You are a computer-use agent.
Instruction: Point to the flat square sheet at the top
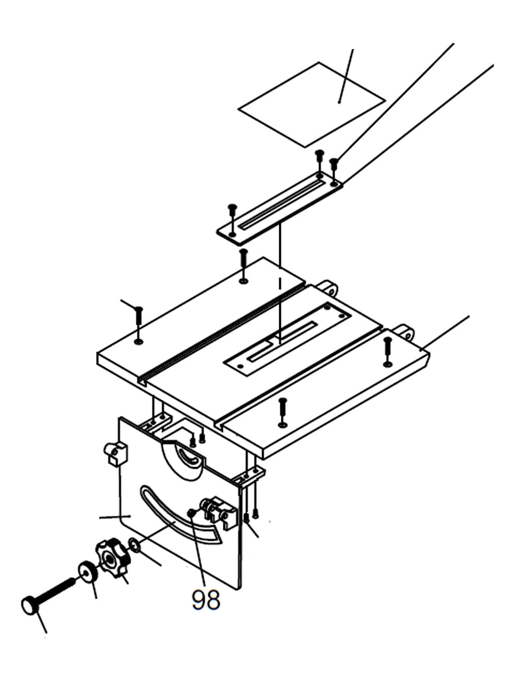tap(312, 105)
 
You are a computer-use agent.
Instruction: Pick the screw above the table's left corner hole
tap(139, 318)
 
